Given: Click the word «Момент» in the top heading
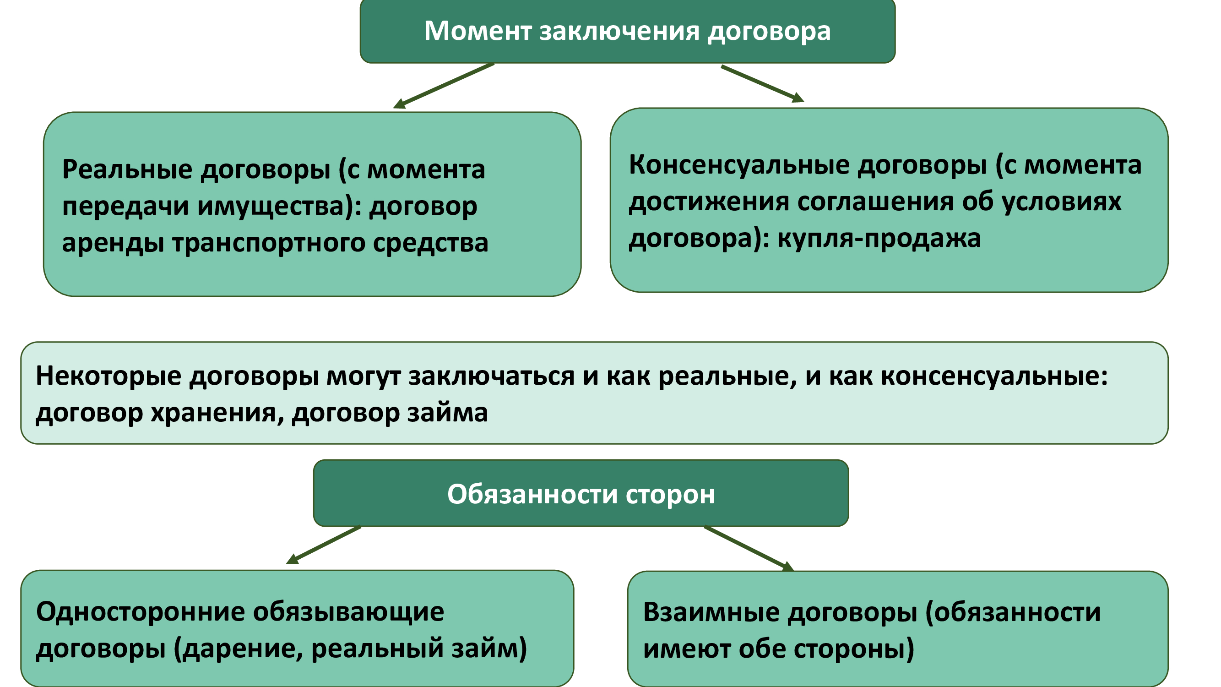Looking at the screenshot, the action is point(478,31).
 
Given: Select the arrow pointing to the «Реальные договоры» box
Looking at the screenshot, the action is point(444,86).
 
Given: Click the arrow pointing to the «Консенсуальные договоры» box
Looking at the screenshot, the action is point(763,83).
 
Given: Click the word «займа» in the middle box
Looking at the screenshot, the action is point(447,413).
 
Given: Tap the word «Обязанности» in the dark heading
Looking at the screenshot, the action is point(532,495).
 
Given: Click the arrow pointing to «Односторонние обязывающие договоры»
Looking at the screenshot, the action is point(324,545).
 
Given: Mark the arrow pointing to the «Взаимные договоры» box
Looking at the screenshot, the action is point(749,549).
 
